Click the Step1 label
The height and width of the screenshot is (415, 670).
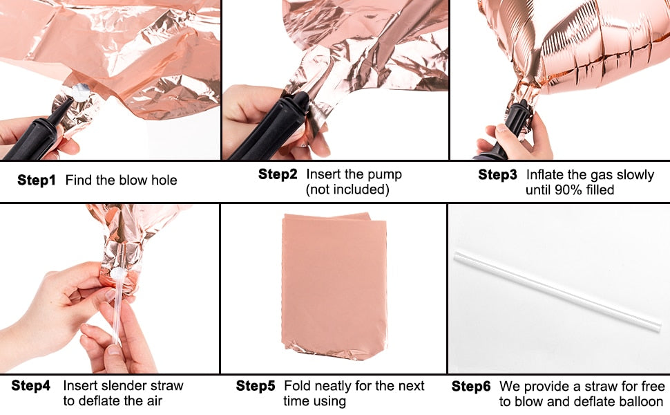click(37, 180)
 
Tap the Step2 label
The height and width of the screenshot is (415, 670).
click(278, 174)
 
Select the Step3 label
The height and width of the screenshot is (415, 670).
click(497, 174)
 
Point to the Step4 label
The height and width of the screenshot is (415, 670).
click(31, 385)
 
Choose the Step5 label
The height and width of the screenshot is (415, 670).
click(256, 386)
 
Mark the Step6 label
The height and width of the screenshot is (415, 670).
click(471, 387)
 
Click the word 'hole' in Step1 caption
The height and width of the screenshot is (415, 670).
click(163, 180)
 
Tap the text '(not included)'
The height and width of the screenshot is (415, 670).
click(347, 190)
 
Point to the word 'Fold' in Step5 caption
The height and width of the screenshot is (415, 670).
click(296, 386)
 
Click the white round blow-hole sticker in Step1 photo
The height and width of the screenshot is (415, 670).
click(81, 93)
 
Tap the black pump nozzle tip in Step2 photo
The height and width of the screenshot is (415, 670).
click(300, 100)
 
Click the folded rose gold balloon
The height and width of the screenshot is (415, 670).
click(334, 286)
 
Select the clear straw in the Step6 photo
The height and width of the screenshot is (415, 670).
click(557, 291)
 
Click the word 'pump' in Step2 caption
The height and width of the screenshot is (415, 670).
click(385, 175)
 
